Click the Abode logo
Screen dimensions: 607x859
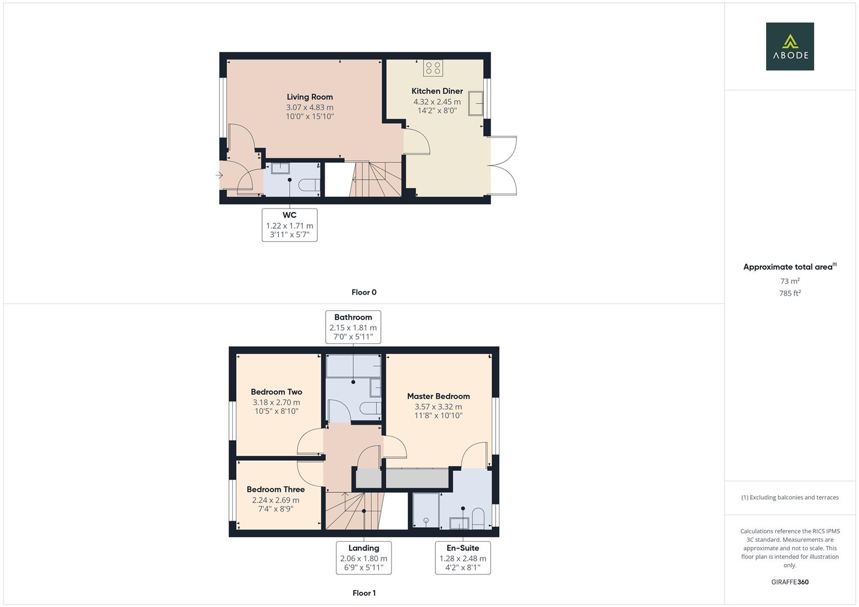(789, 46)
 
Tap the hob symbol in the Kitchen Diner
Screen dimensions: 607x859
(433, 68)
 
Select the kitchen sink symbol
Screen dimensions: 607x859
(476, 103)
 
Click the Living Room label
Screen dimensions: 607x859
(309, 97)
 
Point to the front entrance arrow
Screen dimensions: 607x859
(219, 176)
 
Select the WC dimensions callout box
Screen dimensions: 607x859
(289, 225)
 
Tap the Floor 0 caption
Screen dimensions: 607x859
(363, 292)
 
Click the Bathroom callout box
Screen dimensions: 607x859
(353, 327)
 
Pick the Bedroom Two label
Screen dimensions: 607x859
(276, 392)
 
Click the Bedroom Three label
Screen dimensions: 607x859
(275, 489)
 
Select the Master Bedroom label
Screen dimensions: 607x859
(438, 396)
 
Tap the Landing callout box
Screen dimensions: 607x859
(363, 558)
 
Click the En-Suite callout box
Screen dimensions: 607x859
(462, 558)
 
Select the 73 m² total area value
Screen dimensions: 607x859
(789, 281)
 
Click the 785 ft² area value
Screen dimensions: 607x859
(789, 293)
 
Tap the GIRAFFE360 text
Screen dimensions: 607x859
(789, 582)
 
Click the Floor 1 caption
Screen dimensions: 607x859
(363, 593)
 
